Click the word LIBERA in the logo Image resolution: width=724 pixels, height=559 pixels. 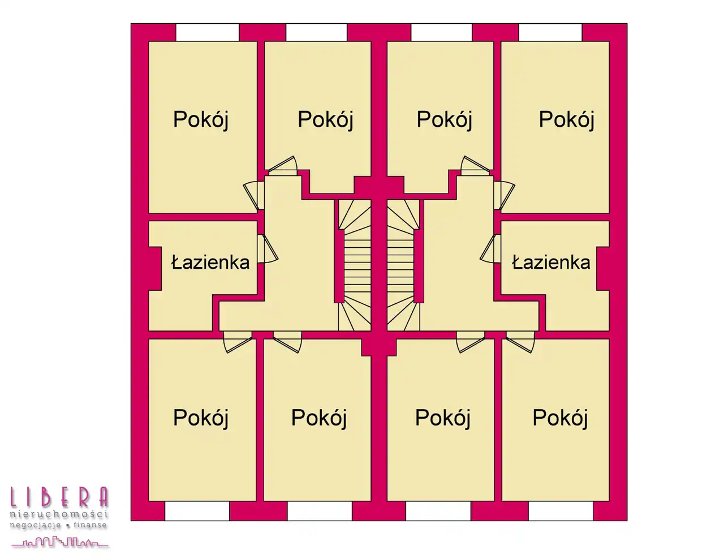(59, 497)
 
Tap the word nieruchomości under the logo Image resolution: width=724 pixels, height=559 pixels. (59, 514)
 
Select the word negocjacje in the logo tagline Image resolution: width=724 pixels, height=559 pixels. (36, 526)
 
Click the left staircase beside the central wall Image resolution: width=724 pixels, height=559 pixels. (355, 265)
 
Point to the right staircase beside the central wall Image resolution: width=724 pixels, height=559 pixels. (403, 265)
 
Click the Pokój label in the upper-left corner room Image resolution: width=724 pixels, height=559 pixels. (201, 119)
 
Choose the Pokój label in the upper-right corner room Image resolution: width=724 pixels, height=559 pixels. (567, 119)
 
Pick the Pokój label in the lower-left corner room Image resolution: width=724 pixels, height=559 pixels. (201, 418)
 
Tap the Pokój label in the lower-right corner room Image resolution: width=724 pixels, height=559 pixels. (561, 418)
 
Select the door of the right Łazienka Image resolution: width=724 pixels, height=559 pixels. (490, 249)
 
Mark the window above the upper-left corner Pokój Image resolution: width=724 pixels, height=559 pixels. (207, 32)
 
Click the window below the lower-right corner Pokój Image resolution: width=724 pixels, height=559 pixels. (561, 511)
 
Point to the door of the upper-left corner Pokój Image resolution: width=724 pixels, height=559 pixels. (253, 196)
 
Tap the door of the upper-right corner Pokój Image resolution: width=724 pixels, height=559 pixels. (505, 196)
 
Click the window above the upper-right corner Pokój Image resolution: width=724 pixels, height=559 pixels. (550, 32)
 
